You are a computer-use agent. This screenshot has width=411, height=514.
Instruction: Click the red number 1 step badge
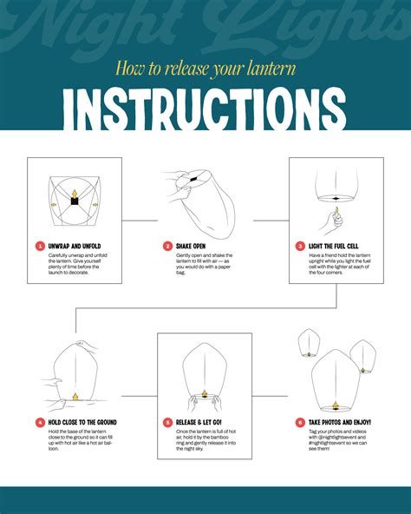[x=40, y=246]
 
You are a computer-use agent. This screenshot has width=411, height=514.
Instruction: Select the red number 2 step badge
[x=168, y=246]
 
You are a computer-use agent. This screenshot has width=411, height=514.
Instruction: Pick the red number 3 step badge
[x=300, y=246]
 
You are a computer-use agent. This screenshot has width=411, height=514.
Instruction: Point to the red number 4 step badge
[x=40, y=422]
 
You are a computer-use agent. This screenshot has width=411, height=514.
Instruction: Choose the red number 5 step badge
[x=168, y=422]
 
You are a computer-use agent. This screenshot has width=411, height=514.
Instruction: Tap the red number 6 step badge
[x=300, y=422]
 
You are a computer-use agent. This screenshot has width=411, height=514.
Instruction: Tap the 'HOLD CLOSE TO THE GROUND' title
[x=83, y=422]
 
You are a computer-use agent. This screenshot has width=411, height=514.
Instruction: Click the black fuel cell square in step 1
[x=75, y=201]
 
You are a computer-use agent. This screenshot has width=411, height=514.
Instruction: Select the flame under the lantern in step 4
[x=74, y=397]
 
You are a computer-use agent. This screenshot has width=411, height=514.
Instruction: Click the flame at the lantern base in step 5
[x=205, y=393]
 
